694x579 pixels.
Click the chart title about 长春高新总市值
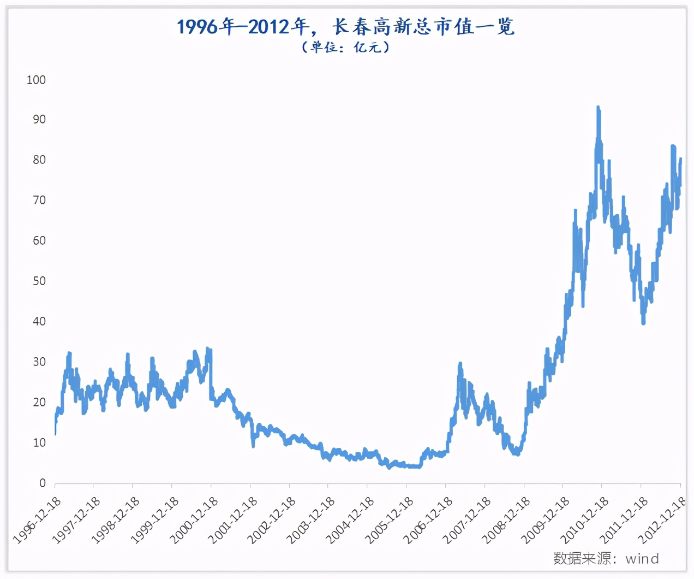tap(346, 26)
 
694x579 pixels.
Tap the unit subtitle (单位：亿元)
tap(346, 48)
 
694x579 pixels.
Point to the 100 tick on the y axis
tap(36, 80)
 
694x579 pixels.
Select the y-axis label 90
tap(39, 120)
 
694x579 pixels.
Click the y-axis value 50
tap(39, 281)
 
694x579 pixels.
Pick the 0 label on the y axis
tap(42, 483)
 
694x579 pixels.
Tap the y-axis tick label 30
tap(39, 362)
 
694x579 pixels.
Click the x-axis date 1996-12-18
tap(38, 521)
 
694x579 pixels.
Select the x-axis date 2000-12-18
tap(194, 521)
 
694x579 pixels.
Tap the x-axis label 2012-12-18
tap(663, 521)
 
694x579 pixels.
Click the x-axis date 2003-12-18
tap(312, 521)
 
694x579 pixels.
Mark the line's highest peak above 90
tap(598, 108)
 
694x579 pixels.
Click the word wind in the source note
tap(642, 558)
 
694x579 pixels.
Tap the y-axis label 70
tap(39, 200)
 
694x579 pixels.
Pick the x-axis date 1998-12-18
tap(116, 521)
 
